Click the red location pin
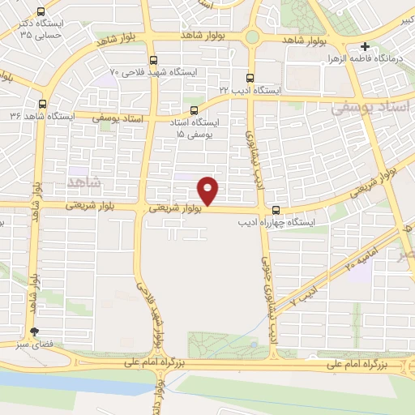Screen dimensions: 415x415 click(x=209, y=190)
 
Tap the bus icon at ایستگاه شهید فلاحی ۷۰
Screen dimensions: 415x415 click(x=154, y=59)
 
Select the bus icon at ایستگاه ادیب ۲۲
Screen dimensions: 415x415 click(x=249, y=79)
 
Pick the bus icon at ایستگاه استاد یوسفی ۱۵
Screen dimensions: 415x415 click(x=193, y=110)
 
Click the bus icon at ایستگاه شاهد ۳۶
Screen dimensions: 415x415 click(x=42, y=104)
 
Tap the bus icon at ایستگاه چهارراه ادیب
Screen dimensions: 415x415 click(x=277, y=207)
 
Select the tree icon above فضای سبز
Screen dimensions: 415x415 click(x=34, y=332)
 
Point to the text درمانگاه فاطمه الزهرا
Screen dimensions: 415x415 click(x=374, y=60)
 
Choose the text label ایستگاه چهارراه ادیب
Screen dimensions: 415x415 click(x=276, y=220)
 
